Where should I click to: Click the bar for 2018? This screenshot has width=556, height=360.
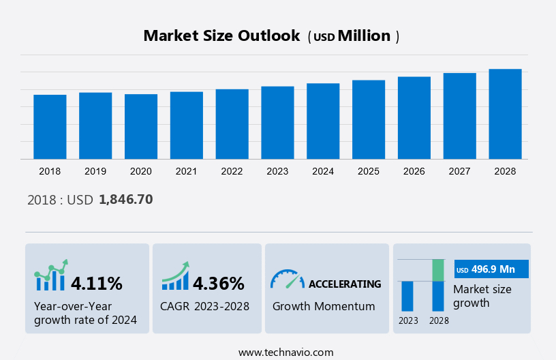click(x=50, y=127)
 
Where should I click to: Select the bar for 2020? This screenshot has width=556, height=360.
click(x=141, y=127)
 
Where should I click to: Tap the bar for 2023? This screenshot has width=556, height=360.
click(x=277, y=123)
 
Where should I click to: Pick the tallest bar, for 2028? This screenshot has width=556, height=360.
click(x=505, y=114)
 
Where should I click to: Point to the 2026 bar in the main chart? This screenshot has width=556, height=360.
click(x=414, y=118)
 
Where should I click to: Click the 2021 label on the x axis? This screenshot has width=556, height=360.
click(x=187, y=171)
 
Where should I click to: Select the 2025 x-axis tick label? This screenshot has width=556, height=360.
click(x=369, y=171)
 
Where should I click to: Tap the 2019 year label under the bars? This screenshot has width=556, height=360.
click(x=95, y=171)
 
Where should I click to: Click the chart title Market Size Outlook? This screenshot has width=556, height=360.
click(x=221, y=36)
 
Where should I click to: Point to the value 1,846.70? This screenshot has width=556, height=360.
click(x=125, y=200)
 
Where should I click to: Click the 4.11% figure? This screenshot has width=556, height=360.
click(x=97, y=283)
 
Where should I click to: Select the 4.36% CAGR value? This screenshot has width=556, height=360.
click(x=218, y=283)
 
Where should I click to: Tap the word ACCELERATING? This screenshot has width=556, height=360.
click(x=345, y=284)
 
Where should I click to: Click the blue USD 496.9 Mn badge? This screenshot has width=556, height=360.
click(x=491, y=270)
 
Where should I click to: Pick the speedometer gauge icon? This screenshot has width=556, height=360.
click(x=287, y=279)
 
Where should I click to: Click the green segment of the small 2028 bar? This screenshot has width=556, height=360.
click(x=438, y=270)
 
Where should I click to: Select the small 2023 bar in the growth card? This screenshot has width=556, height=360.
click(x=407, y=296)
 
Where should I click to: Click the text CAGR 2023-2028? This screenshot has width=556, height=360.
click(x=204, y=306)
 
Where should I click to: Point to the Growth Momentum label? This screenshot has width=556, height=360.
click(x=324, y=306)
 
